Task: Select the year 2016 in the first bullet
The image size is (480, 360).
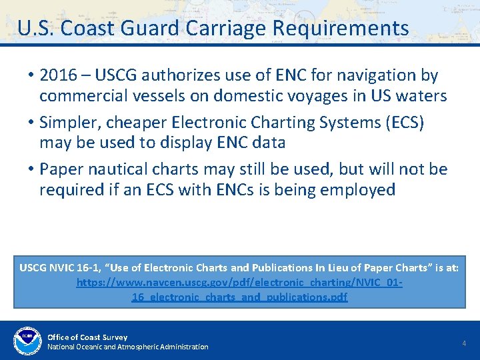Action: click(x=58, y=76)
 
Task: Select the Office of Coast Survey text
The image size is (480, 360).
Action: click(x=87, y=337)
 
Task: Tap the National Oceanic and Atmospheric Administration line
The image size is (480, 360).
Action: click(x=127, y=347)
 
